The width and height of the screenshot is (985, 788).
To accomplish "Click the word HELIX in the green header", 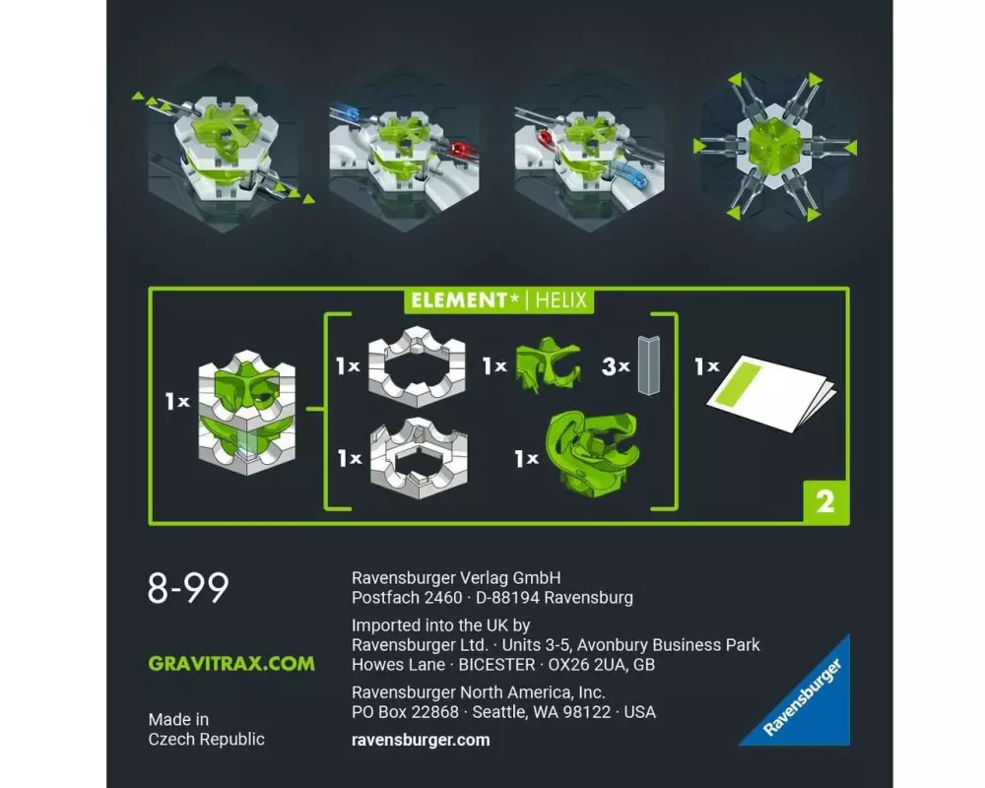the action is coord(561,300).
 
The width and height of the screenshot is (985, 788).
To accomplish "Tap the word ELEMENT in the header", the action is coord(459,300).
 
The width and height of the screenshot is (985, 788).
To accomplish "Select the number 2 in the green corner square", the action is coord(825,502).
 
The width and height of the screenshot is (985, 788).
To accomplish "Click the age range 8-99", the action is coord(188,588).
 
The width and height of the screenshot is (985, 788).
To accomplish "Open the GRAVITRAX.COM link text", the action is coord(231,664).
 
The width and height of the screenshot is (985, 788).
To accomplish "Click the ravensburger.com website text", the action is coord(421,741).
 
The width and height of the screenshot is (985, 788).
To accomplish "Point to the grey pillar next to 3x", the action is coord(649,365).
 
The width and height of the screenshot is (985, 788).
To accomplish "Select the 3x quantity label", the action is coord(616,366).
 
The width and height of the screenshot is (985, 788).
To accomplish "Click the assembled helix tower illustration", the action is coord(247,413).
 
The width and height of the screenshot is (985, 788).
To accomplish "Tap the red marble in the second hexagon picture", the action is coord(460,151).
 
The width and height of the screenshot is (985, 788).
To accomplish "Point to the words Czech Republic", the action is coord(206,739).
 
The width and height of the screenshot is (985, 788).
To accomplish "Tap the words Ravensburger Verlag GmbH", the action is coord(456,578).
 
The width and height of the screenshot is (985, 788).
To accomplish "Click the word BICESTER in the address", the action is coord(496,665).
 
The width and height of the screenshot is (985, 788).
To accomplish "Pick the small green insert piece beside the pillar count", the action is coord(548,364).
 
